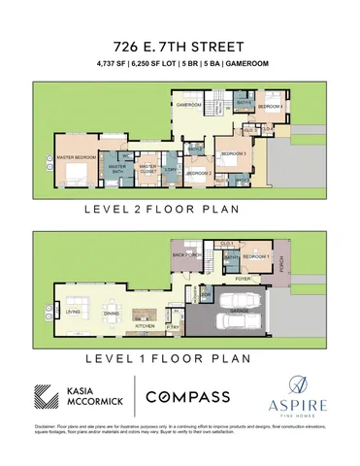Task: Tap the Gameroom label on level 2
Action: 188,104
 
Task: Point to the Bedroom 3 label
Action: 234,154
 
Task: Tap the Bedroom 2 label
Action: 200,174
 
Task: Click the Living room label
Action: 71,312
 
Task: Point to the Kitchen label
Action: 145,325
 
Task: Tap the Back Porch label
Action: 185,254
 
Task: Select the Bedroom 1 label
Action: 255,254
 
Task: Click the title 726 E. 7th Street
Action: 180,46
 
